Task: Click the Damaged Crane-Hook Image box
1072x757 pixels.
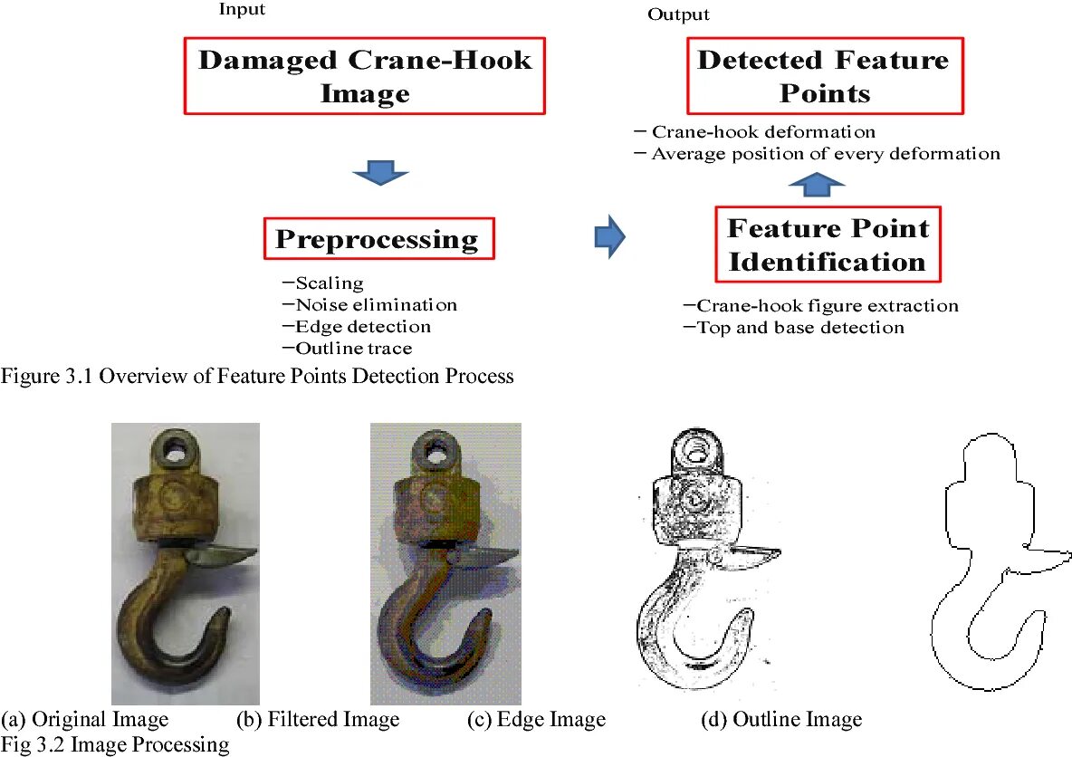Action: pos(365,76)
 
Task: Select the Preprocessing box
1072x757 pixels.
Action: pos(379,239)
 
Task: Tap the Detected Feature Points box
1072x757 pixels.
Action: pos(823,76)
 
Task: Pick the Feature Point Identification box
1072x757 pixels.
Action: pos(828,244)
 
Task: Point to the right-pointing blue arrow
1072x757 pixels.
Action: pos(609,237)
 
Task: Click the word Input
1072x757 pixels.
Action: pos(242,9)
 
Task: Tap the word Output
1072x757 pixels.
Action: pos(678,14)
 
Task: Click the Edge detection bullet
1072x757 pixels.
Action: pos(357,327)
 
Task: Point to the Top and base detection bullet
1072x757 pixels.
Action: pos(794,328)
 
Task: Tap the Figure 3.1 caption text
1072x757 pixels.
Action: pos(257,376)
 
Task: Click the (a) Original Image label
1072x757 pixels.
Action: pos(85,720)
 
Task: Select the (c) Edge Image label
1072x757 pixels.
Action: pos(536,720)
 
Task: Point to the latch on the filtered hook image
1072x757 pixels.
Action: pos(485,553)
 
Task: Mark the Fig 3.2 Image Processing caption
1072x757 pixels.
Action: pos(115,744)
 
